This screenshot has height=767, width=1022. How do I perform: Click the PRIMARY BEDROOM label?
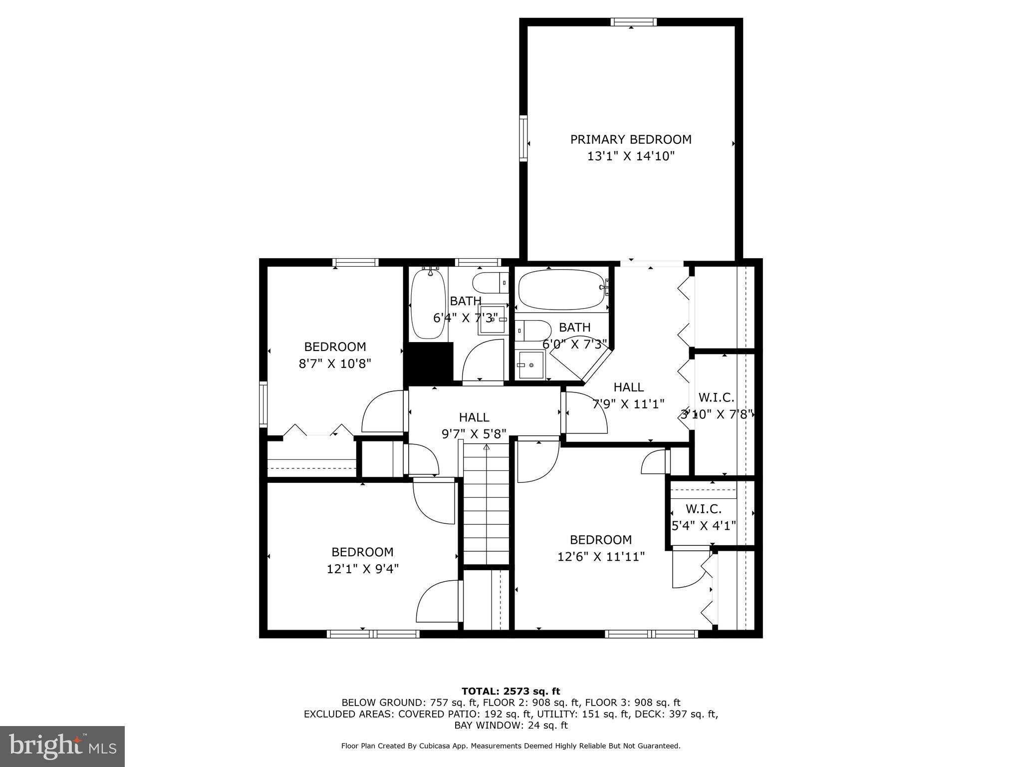[x=631, y=139]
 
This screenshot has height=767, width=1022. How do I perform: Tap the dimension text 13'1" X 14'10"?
[x=631, y=156]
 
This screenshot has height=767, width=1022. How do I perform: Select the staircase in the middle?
[x=487, y=504]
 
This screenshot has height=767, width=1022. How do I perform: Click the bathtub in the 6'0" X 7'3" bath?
[x=561, y=290]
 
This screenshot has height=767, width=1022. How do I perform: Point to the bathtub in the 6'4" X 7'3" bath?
[x=428, y=304]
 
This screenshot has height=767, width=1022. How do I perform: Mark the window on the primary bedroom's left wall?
[x=523, y=138]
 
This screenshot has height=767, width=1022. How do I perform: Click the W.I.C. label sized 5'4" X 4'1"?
[x=704, y=509]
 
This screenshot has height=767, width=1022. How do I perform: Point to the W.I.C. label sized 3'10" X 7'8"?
[x=716, y=397]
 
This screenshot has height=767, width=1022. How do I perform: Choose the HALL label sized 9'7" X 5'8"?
[x=474, y=417]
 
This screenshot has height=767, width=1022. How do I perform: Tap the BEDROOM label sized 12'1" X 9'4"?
[x=362, y=552]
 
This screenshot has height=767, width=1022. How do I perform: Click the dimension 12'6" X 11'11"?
[x=601, y=556]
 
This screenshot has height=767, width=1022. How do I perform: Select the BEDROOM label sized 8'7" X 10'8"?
[x=335, y=347]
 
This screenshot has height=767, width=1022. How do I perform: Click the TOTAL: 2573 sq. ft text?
[x=511, y=691]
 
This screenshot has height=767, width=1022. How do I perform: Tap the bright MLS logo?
[x=62, y=746]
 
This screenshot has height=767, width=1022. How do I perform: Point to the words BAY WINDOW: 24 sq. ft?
[x=511, y=725]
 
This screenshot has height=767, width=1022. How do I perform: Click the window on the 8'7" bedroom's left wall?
[x=263, y=404]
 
